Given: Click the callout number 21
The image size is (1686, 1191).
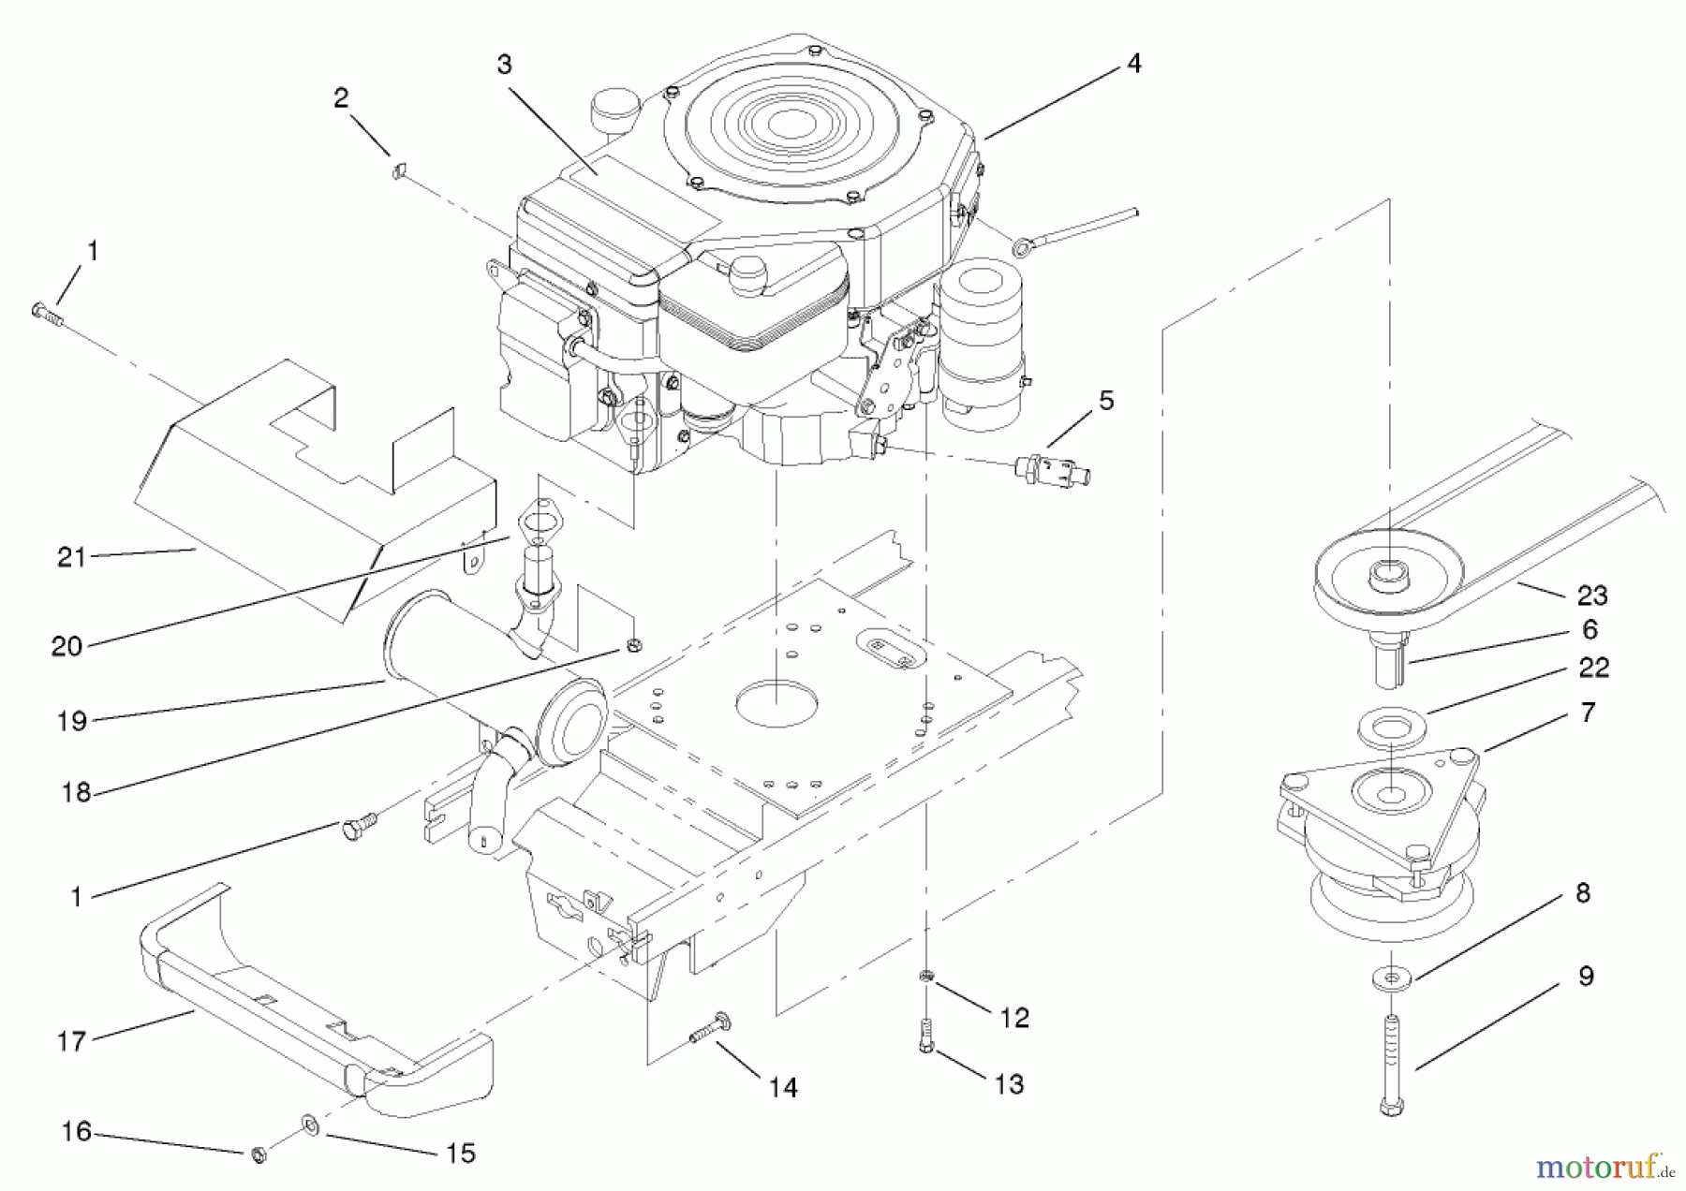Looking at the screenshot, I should coord(71,557).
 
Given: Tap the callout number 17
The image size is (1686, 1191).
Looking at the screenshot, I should coord(71,1040).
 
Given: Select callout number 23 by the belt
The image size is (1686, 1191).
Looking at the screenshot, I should coord(1592,595).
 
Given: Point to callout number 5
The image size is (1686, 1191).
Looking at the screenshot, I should coord(1106,401).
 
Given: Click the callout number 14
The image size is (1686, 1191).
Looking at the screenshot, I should coord(783,1087).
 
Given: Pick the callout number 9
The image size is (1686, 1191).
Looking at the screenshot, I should coord(1586,977).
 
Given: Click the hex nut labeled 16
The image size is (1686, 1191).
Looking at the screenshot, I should coord(259,1154).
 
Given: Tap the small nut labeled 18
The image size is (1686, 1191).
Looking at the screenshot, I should coord(633,645).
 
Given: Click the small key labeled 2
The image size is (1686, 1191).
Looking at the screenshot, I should coord(397,170).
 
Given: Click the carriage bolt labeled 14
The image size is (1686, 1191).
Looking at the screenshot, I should coord(711,1030).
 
